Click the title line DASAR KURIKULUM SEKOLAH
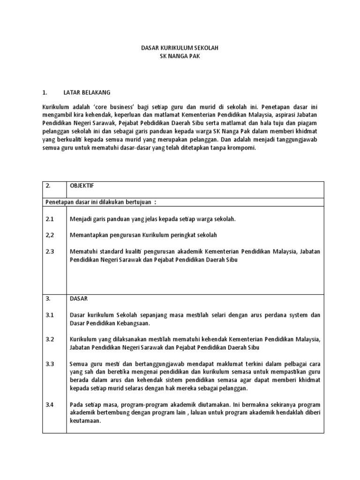click(180, 48)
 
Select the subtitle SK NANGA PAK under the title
click(180, 56)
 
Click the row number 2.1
click(50, 219)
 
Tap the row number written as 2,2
click(50, 235)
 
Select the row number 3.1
click(50, 315)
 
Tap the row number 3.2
click(50, 339)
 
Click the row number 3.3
click(50, 364)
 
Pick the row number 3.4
click(50, 404)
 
